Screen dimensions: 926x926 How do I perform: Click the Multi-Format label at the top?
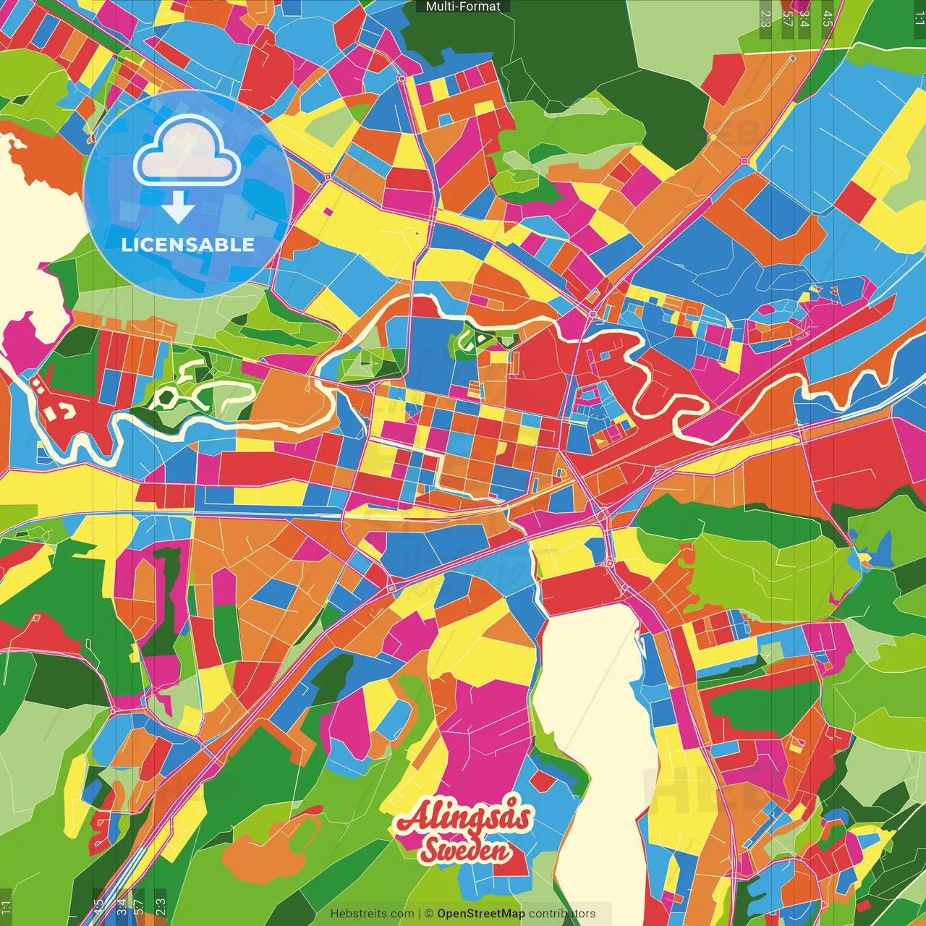coord(463,7)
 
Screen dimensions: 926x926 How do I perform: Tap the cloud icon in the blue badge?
coord(187,153)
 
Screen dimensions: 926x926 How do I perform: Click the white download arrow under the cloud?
coord(177,207)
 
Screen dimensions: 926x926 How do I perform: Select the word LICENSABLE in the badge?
coord(187,245)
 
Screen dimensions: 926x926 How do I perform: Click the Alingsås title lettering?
coord(464,817)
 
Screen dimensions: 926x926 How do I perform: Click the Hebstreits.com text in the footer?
coord(372,914)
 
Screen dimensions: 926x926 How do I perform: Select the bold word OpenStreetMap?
coord(480,914)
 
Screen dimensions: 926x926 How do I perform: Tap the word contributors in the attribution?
coord(562,914)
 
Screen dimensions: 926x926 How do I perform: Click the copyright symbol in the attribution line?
coord(428,914)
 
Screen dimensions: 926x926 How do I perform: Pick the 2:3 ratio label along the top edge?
coord(765,18)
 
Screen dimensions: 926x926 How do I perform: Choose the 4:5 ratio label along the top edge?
coord(828,18)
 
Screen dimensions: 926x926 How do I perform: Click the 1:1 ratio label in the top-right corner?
coord(919,18)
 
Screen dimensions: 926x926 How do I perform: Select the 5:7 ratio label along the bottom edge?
coord(138,906)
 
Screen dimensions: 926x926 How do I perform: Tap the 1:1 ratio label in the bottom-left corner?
coord(7,906)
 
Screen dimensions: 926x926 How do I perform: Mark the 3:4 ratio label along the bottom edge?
coord(122,906)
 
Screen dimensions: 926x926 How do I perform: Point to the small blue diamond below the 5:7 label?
coord(793,58)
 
